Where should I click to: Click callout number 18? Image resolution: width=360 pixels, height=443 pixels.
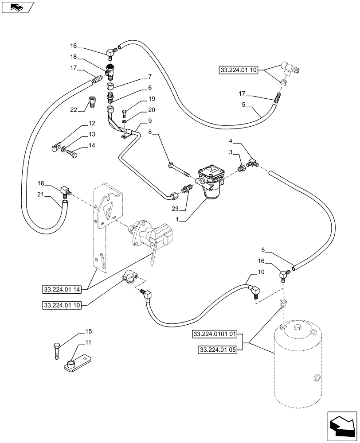pyautogui.click(x=73, y=57)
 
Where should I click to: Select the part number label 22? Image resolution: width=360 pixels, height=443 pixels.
pyautogui.click(x=74, y=110)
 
